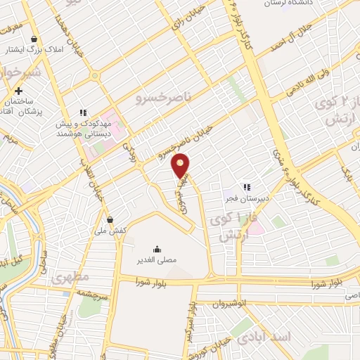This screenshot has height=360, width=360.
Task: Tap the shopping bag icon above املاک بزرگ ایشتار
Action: [x=34, y=39]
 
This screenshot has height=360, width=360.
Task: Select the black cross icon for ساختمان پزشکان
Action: [x=18, y=91]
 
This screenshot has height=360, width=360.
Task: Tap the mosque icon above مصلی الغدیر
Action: [x=156, y=248]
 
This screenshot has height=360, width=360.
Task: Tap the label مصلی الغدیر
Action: [x=156, y=259]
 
